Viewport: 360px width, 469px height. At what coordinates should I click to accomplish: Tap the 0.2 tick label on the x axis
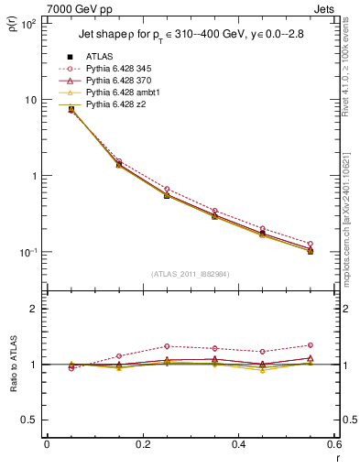142,444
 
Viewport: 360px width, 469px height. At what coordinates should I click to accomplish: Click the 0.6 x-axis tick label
333,444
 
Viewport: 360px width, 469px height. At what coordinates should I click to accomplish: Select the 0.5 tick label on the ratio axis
32,420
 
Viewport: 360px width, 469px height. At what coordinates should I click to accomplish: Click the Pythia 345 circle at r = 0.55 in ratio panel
311,345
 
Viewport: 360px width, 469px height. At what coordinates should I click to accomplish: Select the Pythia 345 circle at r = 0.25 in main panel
166,189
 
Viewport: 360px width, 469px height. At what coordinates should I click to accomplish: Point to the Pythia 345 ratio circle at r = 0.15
118,355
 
